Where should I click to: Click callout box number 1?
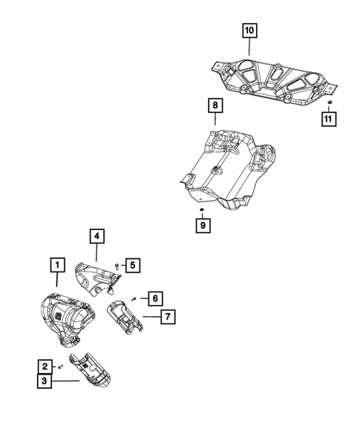[56, 264]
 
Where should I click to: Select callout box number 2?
[45, 366]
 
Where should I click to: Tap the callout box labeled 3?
[45, 381]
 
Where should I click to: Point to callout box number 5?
[131, 264]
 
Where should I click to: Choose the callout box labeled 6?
[153, 298]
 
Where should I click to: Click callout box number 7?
[168, 317]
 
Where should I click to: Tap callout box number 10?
[248, 30]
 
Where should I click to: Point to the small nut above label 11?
[330, 100]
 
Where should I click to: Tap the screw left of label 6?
[134, 298]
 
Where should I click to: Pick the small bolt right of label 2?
[59, 367]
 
